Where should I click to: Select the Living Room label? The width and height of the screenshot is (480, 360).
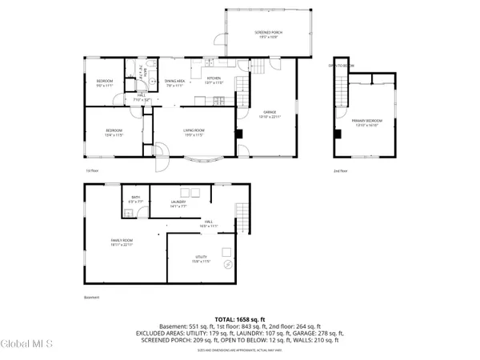point(191,132)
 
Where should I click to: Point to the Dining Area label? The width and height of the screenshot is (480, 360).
point(175,82)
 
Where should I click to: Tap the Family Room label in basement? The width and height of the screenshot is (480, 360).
point(122,242)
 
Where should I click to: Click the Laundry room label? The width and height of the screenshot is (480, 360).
point(178,204)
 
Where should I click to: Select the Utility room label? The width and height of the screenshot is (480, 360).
point(200,259)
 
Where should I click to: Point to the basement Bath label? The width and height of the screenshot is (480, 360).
point(135,200)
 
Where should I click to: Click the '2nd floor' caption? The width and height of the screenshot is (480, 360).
point(341,170)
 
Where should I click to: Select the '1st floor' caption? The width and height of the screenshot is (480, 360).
point(92,170)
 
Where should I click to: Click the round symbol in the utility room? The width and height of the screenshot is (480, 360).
point(227,263)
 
